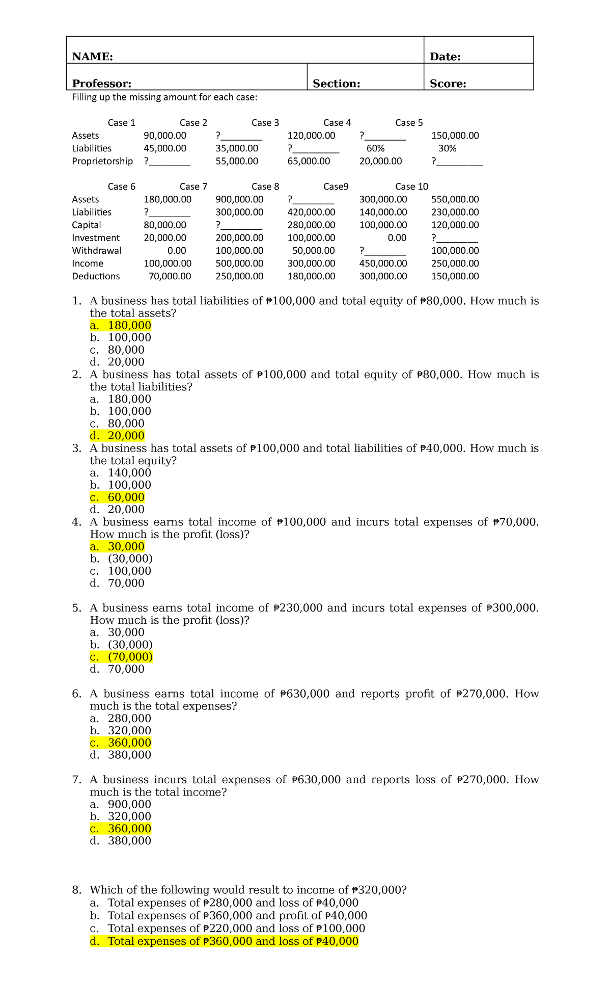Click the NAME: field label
(92, 57)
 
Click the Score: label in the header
(448, 84)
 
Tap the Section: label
(336, 84)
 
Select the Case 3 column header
(265, 123)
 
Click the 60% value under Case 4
(375, 148)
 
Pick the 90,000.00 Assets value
(165, 136)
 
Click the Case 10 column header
(411, 187)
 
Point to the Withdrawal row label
(96, 251)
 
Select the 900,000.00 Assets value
(239, 199)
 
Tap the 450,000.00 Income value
(383, 263)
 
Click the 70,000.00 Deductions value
(170, 276)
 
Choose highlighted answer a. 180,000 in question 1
(121, 326)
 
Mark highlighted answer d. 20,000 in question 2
(117, 436)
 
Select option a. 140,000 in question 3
(121, 473)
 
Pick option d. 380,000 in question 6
(121, 755)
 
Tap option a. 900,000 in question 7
(121, 804)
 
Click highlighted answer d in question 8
(224, 941)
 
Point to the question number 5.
(76, 608)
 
